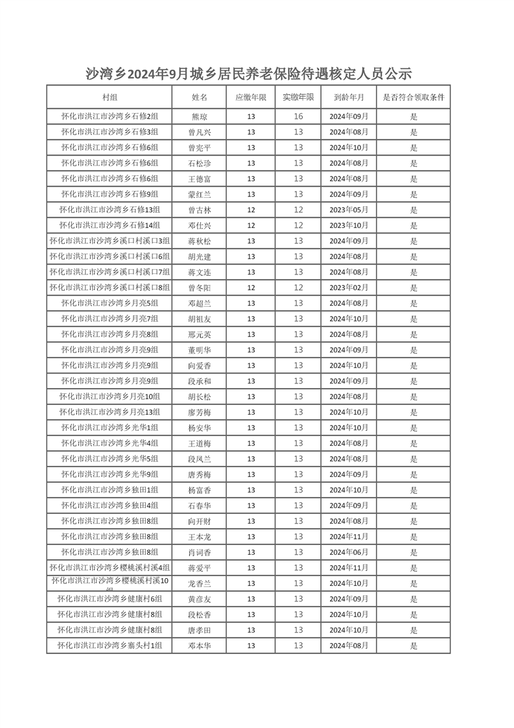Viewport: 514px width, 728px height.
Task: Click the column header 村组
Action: point(110,97)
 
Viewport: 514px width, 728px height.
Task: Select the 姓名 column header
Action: point(200,97)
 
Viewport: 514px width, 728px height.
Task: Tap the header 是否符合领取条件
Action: point(414,97)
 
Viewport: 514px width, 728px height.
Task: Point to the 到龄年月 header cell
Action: point(349,97)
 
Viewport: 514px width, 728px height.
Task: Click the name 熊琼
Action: point(200,117)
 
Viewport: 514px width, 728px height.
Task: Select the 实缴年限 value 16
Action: point(298,117)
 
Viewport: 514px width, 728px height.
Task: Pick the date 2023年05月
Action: point(349,210)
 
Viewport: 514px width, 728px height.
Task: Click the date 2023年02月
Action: point(349,287)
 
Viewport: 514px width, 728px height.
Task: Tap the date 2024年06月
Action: point(349,552)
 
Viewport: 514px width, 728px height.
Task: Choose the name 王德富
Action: point(200,178)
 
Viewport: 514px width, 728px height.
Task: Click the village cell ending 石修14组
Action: point(110,225)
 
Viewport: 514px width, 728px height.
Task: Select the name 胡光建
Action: point(200,256)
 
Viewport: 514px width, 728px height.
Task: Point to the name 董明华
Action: point(200,350)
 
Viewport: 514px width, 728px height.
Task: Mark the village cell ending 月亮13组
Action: point(110,412)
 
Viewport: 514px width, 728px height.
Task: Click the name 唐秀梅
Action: point(200,474)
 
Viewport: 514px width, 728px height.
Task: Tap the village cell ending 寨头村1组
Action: point(110,646)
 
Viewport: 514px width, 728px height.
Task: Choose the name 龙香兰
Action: point(200,583)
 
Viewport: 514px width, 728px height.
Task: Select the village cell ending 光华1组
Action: point(110,428)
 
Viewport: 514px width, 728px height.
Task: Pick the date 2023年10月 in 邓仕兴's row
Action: point(349,225)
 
